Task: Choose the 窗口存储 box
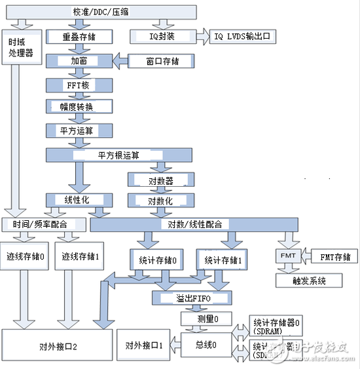162,61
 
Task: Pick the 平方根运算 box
119,155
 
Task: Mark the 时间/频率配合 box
43,225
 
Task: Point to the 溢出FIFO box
191,298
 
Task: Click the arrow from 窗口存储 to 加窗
120,61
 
